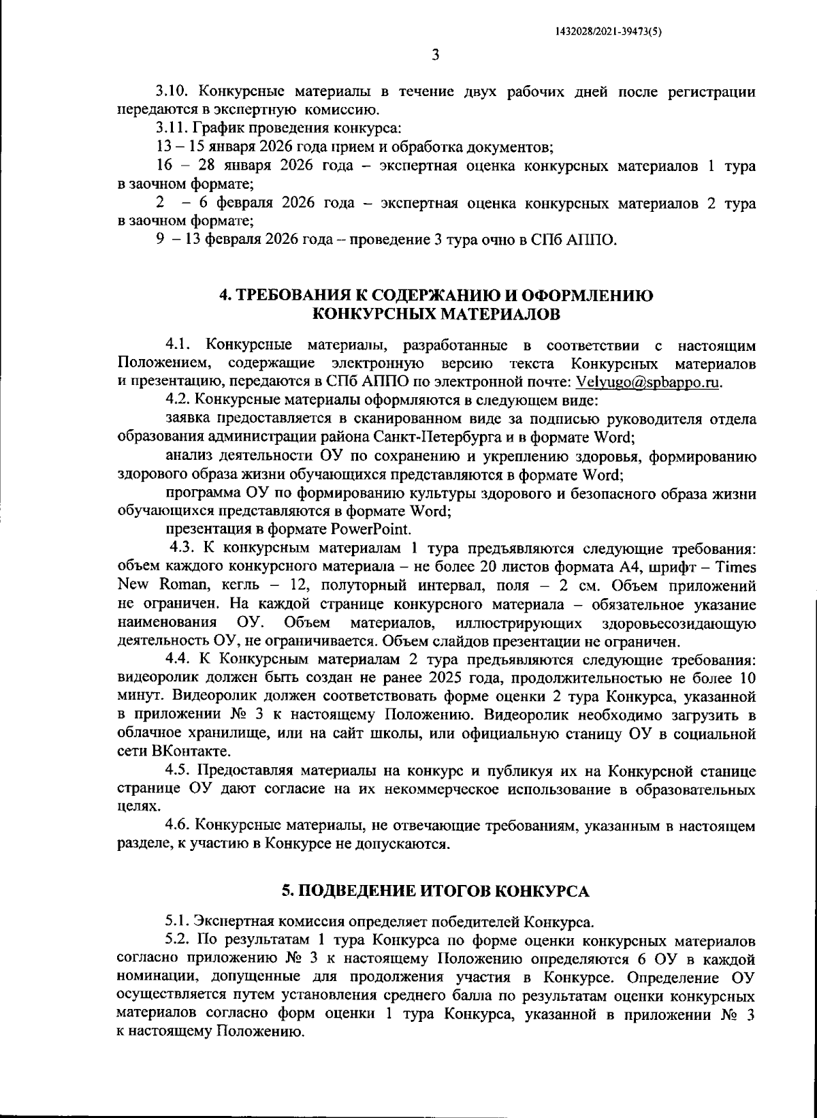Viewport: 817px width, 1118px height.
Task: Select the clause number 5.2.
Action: pyautogui.click(x=179, y=942)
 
